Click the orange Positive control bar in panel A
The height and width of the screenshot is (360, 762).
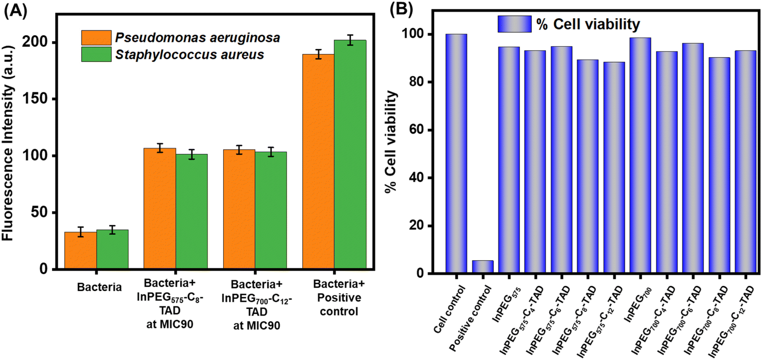pos(318,162)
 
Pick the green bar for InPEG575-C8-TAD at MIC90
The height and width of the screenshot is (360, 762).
pos(192,212)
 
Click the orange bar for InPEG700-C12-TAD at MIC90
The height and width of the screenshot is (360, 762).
pos(239,209)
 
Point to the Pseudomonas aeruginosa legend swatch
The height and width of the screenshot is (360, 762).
pos(96,38)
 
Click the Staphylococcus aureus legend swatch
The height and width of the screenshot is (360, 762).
pos(96,54)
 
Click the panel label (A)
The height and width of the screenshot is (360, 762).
pos(15,10)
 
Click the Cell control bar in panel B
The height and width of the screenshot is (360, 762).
pos(456,153)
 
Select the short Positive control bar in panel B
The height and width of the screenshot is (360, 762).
pos(483,267)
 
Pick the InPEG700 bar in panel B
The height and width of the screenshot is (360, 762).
pos(640,156)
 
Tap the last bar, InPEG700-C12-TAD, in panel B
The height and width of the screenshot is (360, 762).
pos(745,162)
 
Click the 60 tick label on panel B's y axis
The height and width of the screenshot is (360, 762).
pos(416,130)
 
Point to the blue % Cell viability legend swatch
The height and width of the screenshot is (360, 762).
pos(514,24)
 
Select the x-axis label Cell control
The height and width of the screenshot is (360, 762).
pos(449,309)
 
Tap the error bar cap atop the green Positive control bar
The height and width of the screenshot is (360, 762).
pos(350,35)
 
